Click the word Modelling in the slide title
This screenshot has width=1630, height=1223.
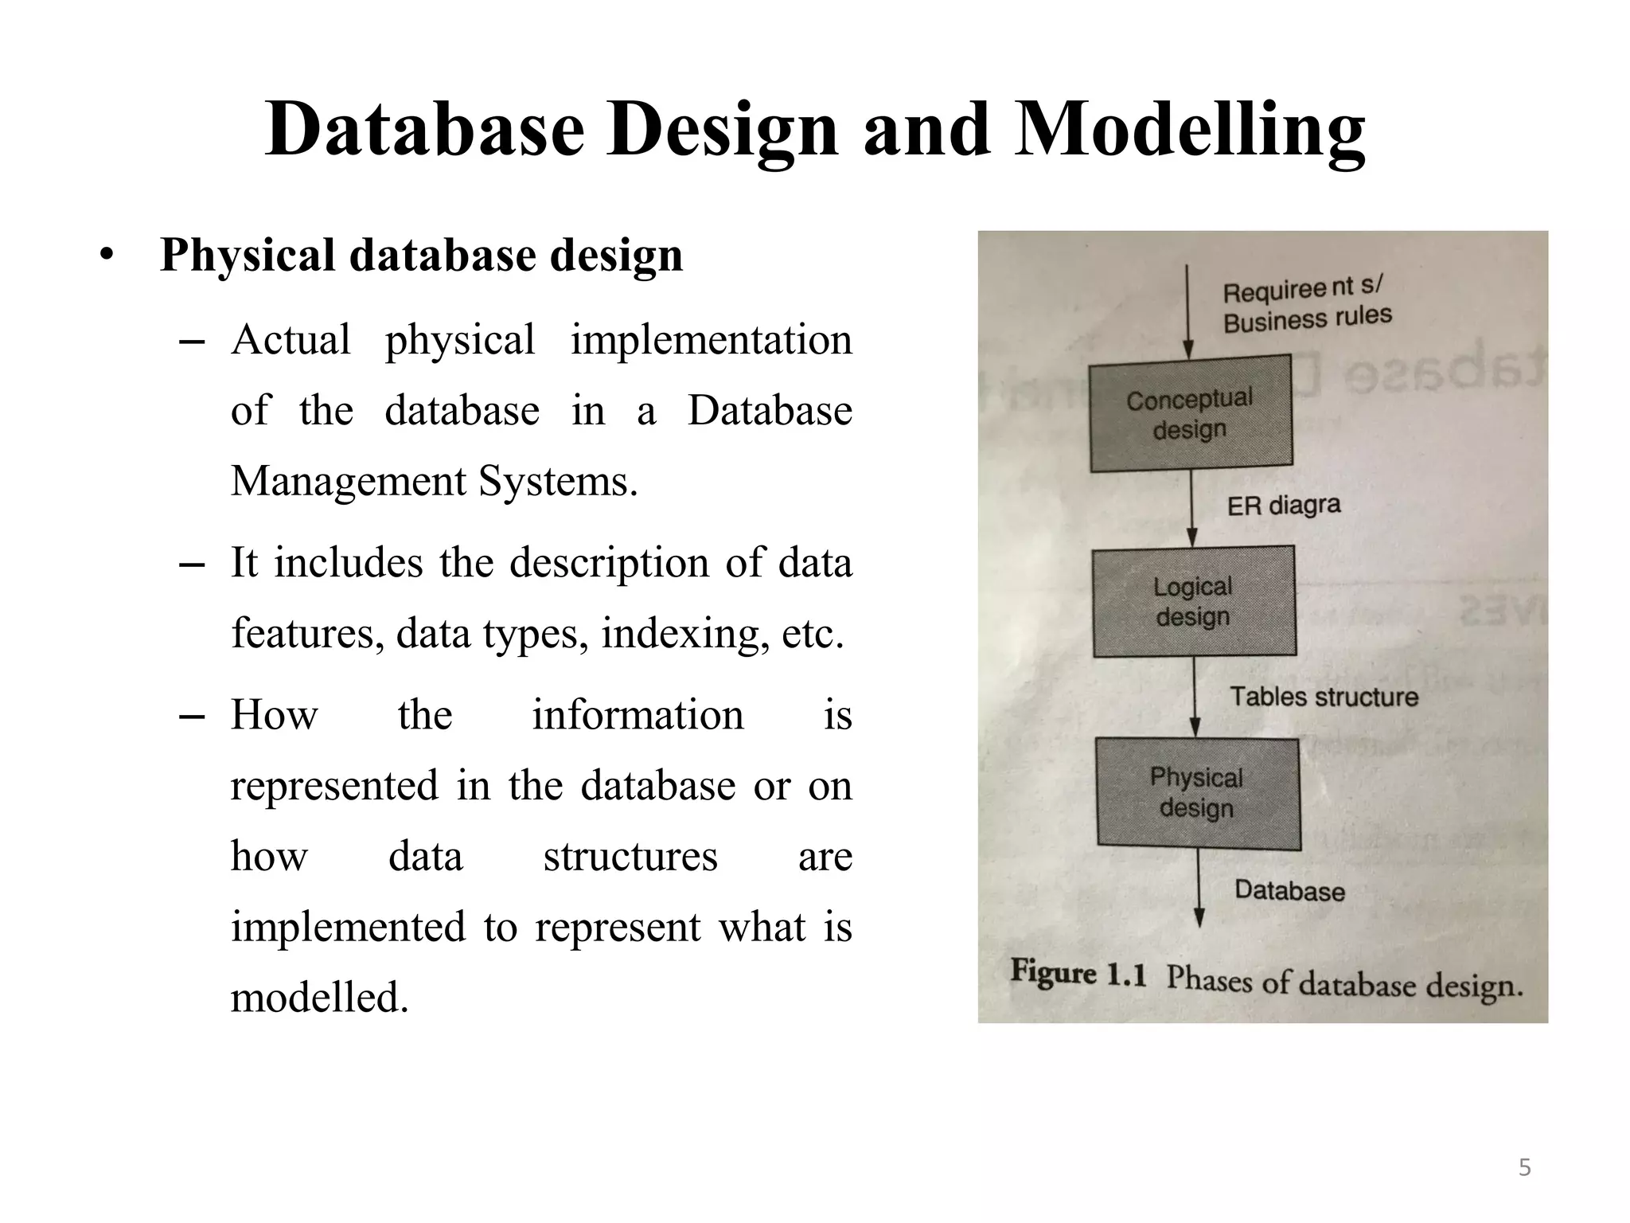tap(1191, 131)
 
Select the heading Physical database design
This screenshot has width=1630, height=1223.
tap(421, 256)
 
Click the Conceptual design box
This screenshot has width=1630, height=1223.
tap(1190, 413)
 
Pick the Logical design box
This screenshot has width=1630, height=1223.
tap(1193, 601)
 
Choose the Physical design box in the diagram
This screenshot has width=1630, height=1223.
tap(1197, 793)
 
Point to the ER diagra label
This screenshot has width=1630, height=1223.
tap(1283, 505)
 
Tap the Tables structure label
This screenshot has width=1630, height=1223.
tap(1324, 697)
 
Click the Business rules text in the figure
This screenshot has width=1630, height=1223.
tap(1307, 319)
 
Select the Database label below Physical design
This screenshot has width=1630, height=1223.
tap(1289, 889)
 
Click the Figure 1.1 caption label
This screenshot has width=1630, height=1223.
tap(1078, 973)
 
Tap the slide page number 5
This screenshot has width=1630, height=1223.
tap(1524, 1167)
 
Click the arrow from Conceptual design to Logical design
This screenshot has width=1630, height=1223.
tap(1191, 507)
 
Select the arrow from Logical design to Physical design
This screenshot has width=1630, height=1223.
tap(1194, 696)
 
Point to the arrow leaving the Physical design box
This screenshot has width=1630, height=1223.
tap(1199, 888)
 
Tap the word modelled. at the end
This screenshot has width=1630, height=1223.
tap(319, 998)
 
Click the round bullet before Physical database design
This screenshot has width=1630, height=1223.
tap(107, 256)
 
